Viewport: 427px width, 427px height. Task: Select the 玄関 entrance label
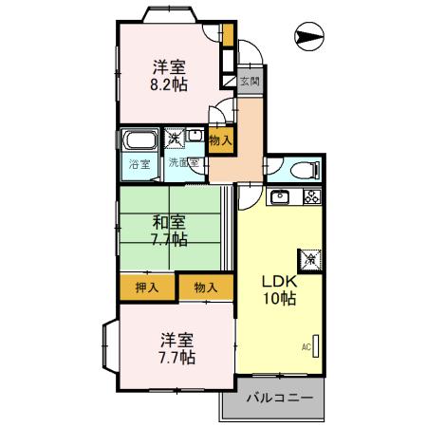[248, 81]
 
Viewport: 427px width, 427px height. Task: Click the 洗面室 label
[183, 163]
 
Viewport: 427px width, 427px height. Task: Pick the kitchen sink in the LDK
[281, 197]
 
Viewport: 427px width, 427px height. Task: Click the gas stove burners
[311, 197]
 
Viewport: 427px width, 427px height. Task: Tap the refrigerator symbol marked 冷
[310, 256]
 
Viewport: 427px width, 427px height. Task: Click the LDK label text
[281, 282]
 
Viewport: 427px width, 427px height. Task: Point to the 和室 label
[171, 222]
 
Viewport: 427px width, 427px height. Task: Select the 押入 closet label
[145, 287]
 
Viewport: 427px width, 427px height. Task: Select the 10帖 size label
[280, 300]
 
